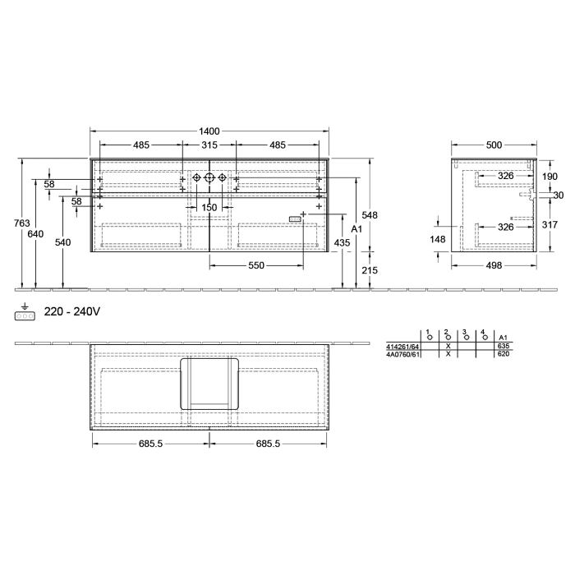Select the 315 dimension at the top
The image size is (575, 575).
(x=209, y=145)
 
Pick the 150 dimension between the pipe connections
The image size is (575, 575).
(x=209, y=208)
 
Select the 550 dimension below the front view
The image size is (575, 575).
(x=256, y=265)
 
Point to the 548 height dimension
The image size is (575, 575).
(x=370, y=215)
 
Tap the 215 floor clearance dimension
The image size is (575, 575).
(x=370, y=270)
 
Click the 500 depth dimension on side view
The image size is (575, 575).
(x=493, y=145)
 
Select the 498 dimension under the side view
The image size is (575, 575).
(x=493, y=264)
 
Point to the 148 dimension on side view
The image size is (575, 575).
(x=438, y=240)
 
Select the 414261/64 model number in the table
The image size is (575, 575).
(x=402, y=347)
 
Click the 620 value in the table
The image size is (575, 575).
(x=503, y=354)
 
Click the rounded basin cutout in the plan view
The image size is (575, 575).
(x=209, y=383)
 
